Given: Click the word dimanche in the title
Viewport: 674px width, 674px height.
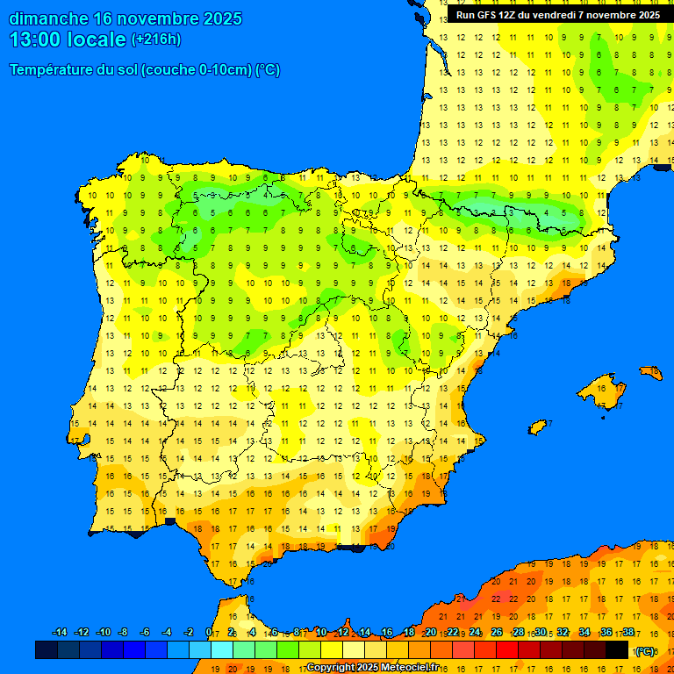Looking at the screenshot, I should (x=48, y=18).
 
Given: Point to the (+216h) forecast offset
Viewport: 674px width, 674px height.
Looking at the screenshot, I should (x=156, y=39).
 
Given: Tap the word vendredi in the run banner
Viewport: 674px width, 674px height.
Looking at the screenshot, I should (x=549, y=15).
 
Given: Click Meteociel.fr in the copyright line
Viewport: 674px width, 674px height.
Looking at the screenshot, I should (x=409, y=667).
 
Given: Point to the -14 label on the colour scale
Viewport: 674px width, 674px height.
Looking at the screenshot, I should (x=60, y=632).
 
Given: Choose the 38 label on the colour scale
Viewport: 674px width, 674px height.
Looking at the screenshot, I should (x=628, y=632).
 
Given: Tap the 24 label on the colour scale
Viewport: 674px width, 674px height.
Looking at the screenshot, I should (x=475, y=632).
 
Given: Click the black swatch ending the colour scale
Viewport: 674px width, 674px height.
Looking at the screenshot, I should (x=617, y=649).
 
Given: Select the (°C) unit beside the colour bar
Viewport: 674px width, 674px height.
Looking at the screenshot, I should (x=645, y=650).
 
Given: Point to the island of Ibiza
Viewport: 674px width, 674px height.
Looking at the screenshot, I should (x=537, y=427).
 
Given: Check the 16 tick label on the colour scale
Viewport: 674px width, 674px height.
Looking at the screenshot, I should (x=387, y=632).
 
